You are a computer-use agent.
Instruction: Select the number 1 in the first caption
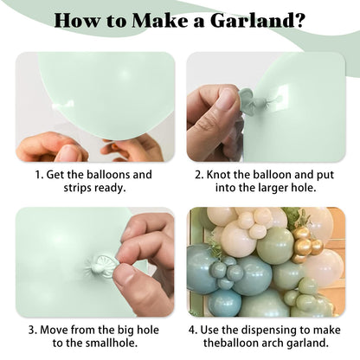coord(37,175)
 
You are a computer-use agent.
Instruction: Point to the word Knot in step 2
coord(218,175)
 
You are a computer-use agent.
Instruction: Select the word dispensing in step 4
coord(269,331)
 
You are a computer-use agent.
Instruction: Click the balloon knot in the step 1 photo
coord(62,105)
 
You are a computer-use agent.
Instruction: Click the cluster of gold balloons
coord(306,245)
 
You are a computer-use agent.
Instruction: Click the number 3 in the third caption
coord(31,330)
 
